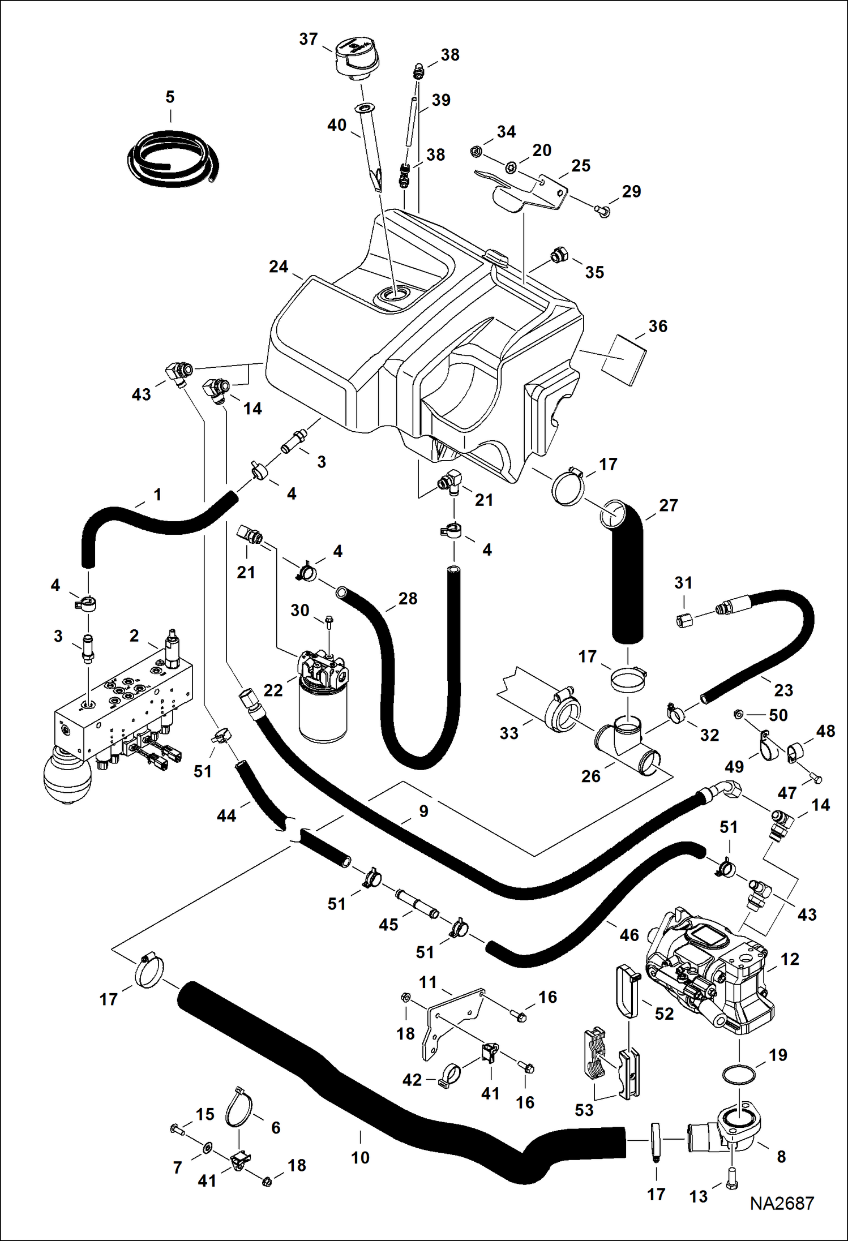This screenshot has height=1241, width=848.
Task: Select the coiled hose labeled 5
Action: [x=173, y=158]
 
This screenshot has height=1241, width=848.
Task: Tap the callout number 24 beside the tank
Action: [x=278, y=267]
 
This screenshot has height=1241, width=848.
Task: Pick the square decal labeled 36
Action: [x=623, y=359]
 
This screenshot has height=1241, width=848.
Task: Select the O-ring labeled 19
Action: [x=739, y=1074]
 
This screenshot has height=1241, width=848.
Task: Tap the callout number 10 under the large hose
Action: [x=360, y=1157]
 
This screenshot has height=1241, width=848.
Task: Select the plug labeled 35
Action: [x=559, y=256]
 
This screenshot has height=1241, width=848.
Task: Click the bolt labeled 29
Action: [x=603, y=212]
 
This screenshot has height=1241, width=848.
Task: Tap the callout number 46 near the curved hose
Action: [x=629, y=935]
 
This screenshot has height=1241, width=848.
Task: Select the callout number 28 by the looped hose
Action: [x=408, y=599]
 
